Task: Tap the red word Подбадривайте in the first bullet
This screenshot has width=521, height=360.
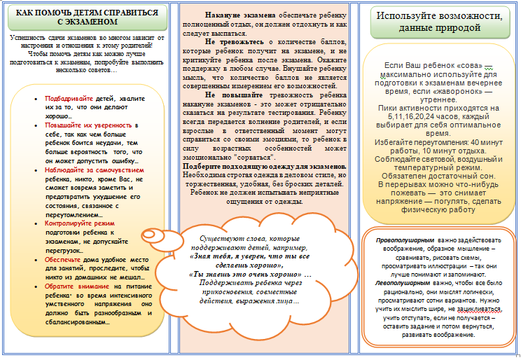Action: pyautogui.click(x=70, y=99)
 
